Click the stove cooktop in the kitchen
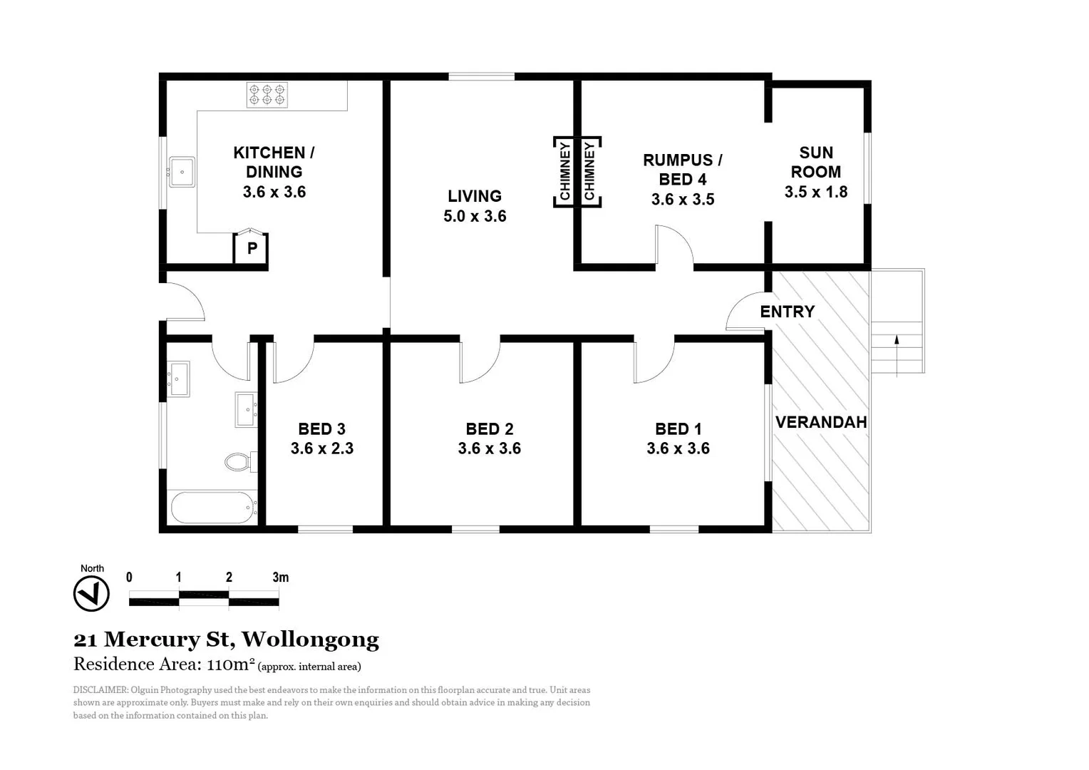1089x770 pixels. [x=267, y=95]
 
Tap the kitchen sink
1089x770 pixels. [x=181, y=172]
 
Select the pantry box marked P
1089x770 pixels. [x=252, y=248]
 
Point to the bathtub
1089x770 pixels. [x=213, y=508]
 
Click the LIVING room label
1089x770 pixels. [x=475, y=196]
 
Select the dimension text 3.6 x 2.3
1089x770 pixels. [x=322, y=448]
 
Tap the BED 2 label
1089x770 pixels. [x=490, y=428]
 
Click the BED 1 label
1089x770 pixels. [x=678, y=428]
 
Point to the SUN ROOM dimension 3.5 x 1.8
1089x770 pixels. [x=816, y=192]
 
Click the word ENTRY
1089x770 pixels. [x=787, y=312]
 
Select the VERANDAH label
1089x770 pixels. [x=821, y=422]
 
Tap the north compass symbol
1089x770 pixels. [x=91, y=593]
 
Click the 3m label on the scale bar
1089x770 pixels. [x=281, y=577]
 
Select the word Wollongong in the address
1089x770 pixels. [x=310, y=640]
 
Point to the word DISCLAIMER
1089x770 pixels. [x=100, y=690]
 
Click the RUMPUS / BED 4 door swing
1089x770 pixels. [x=673, y=246]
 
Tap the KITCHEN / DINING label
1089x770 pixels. [x=274, y=162]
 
